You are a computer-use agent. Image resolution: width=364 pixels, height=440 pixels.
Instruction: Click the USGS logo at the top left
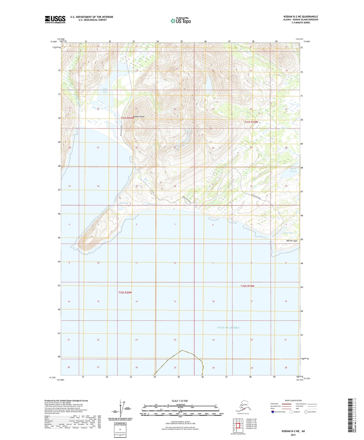click(55, 19)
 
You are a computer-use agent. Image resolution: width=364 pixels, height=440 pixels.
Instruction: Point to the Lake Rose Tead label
click(105, 90)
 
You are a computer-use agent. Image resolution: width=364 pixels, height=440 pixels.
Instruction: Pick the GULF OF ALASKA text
click(228, 328)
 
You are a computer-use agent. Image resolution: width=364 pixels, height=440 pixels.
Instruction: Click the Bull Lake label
click(124, 203)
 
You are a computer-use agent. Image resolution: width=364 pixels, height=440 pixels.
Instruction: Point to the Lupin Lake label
click(153, 204)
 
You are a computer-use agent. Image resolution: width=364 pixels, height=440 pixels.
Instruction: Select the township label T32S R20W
click(125, 293)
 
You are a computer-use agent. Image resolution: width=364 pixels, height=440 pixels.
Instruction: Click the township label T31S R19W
click(251, 122)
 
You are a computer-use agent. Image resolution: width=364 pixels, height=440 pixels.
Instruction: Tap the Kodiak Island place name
click(139, 117)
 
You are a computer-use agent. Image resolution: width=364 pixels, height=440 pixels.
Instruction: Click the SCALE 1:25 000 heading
click(180, 401)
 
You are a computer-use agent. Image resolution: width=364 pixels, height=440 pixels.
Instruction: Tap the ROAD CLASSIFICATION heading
click(293, 400)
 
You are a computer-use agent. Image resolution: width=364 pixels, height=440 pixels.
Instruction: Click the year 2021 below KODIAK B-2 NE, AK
click(293, 435)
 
